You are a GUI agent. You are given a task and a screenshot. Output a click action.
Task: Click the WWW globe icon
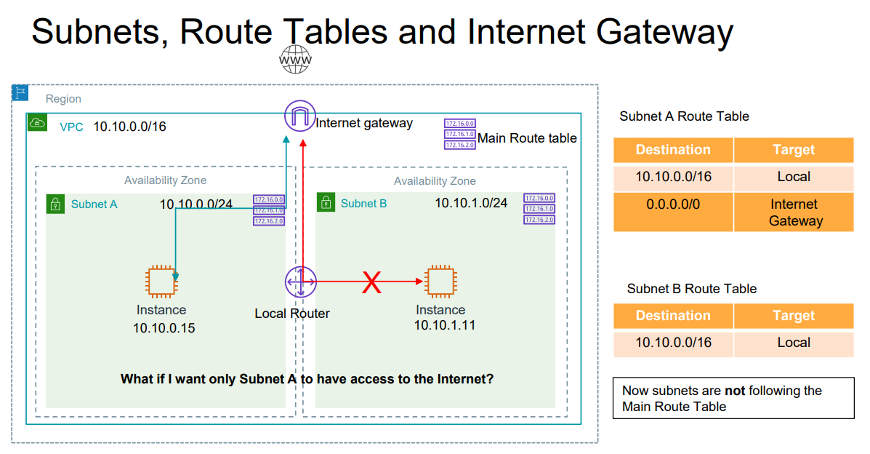295,59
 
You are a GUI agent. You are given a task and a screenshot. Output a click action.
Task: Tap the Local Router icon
299,282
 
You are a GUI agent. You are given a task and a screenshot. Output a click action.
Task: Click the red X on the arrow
372,282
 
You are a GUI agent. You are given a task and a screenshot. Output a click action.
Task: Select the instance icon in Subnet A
161,282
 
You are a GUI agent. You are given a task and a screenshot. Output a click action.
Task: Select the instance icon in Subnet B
440,282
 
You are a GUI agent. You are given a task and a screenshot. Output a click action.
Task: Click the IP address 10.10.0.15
164,328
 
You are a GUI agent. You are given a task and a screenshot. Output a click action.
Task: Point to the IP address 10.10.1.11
444,325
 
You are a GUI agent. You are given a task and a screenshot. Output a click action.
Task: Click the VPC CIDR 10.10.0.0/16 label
129,127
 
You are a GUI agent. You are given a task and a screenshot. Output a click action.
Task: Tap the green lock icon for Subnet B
326,203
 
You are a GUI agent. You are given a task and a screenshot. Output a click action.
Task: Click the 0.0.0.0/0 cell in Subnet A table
673,204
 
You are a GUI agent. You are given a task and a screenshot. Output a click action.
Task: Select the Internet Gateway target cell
794,212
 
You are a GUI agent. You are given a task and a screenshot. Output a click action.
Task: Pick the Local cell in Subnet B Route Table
794,343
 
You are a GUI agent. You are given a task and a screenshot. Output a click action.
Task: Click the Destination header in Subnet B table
673,316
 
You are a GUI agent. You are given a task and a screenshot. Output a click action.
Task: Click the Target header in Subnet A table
794,150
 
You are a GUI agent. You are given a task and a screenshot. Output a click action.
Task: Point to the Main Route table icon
459,135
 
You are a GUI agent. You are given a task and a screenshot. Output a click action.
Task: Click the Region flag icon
20,92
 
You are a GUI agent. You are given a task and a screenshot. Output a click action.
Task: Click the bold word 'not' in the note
735,391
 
